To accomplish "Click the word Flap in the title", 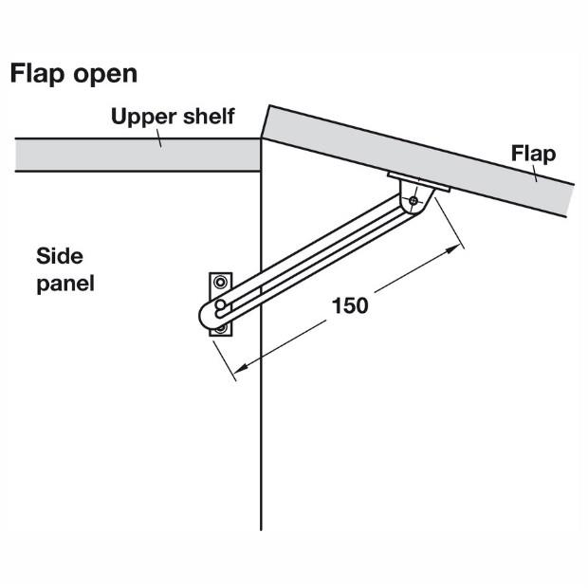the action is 37,74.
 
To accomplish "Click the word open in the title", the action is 105,75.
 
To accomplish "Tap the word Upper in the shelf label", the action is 141,117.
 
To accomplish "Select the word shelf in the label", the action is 209,116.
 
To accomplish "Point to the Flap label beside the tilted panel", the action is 533,155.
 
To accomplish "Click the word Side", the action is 60,256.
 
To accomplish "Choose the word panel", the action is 65,284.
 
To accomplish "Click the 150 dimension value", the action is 350,305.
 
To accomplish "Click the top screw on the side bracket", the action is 220,282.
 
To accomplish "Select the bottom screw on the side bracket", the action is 221,329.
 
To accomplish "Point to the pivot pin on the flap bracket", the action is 413,201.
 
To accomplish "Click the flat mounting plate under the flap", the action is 419,182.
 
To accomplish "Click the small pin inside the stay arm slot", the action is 220,304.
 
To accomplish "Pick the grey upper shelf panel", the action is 138,155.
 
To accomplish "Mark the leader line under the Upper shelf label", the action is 159,138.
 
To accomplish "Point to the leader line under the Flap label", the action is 534,174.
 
